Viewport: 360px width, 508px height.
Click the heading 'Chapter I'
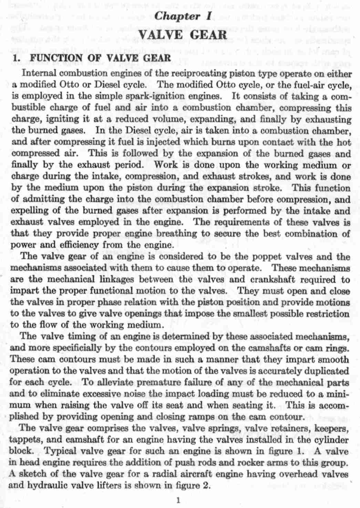click(182, 17)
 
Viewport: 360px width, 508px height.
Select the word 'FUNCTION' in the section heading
click(56, 58)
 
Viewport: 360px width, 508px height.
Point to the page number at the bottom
click(178, 500)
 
